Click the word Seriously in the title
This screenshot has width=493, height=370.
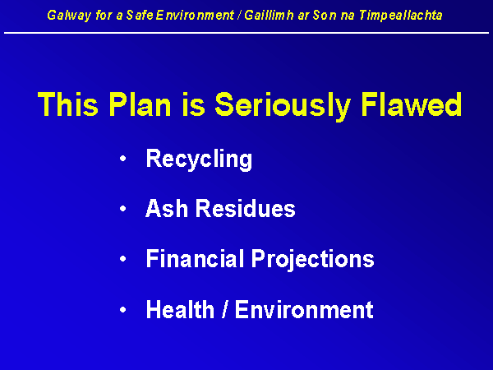[283, 106]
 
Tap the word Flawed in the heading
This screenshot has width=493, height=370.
[412, 104]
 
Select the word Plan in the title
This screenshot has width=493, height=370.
[140, 104]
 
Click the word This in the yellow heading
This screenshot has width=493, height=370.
[68, 104]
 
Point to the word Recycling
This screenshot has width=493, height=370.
[199, 160]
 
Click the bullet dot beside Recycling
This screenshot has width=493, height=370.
[123, 158]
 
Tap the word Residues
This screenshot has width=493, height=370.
[246, 208]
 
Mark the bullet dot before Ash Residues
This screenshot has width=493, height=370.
[123, 208]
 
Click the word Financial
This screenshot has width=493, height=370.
[196, 259]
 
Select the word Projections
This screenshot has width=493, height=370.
[313, 261]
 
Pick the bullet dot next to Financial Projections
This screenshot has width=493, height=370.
[123, 259]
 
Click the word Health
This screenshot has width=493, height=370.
[181, 309]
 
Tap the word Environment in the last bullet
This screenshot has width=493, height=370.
[304, 309]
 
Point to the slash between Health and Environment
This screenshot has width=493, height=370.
[225, 309]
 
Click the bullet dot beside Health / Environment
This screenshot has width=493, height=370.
[123, 310]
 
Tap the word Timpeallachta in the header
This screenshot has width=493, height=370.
[401, 16]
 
